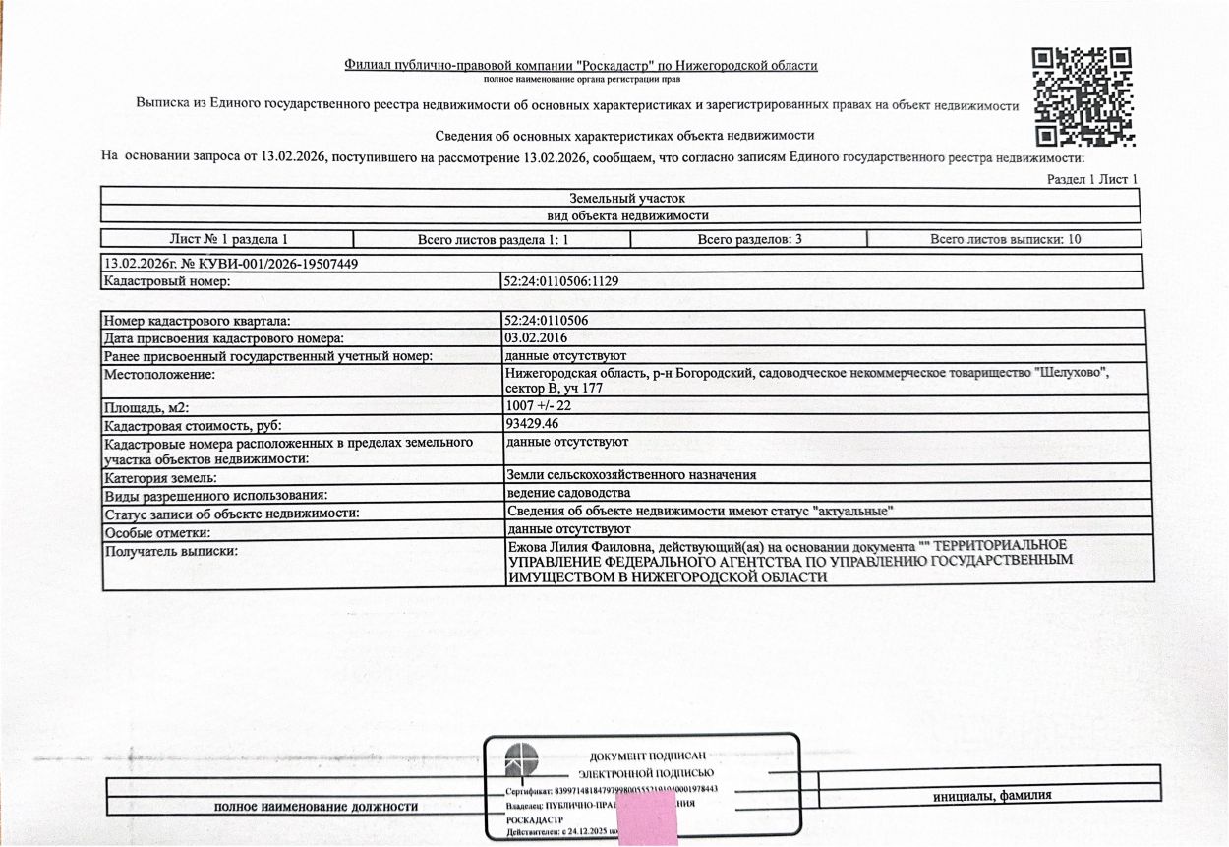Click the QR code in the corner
(x=1083, y=96)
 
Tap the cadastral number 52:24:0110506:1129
(x=561, y=281)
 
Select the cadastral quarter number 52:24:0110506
(x=546, y=320)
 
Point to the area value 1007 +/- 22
(x=538, y=406)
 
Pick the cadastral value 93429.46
(x=532, y=424)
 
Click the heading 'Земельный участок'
(x=619, y=198)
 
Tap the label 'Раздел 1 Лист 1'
(x=1091, y=179)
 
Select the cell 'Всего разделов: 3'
(x=749, y=239)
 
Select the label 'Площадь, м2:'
(x=145, y=407)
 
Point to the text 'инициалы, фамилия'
(x=992, y=796)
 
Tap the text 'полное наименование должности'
(x=316, y=807)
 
